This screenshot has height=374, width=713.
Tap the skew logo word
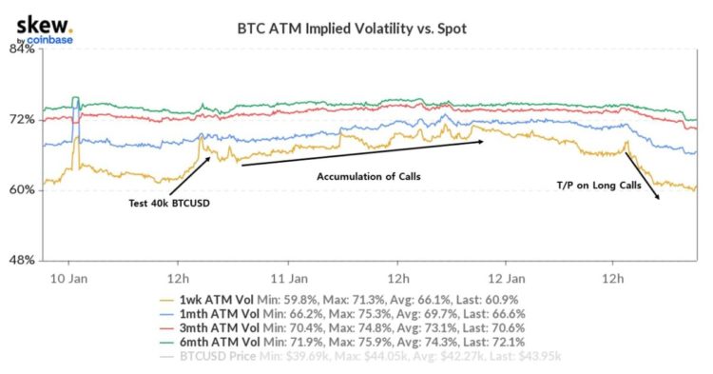click(37, 21)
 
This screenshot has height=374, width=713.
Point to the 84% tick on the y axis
click(23, 49)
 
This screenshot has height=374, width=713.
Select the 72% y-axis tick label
click(23, 120)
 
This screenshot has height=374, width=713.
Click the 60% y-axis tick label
click(23, 190)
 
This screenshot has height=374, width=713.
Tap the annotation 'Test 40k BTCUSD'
click(168, 203)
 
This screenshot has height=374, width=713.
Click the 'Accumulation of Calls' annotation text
click(368, 177)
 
